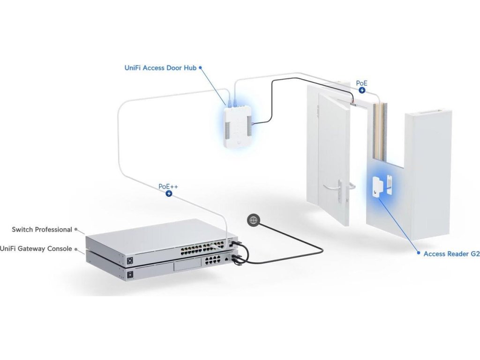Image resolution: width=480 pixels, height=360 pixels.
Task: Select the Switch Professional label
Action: point(42,230)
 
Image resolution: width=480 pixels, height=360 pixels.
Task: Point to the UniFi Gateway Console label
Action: point(36,248)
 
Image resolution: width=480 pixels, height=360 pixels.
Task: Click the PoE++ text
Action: point(168,186)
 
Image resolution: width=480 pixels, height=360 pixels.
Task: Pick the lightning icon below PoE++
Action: point(169,193)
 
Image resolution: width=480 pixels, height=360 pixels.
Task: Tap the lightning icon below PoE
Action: point(362,91)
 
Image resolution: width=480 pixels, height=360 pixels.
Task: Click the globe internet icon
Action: point(254,220)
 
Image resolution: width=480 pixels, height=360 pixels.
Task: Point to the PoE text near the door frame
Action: point(361,83)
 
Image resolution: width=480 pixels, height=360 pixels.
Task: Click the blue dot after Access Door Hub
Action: point(201,67)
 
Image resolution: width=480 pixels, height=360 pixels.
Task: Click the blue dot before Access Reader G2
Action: point(419,254)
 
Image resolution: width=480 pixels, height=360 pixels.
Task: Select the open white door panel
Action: point(333,155)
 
